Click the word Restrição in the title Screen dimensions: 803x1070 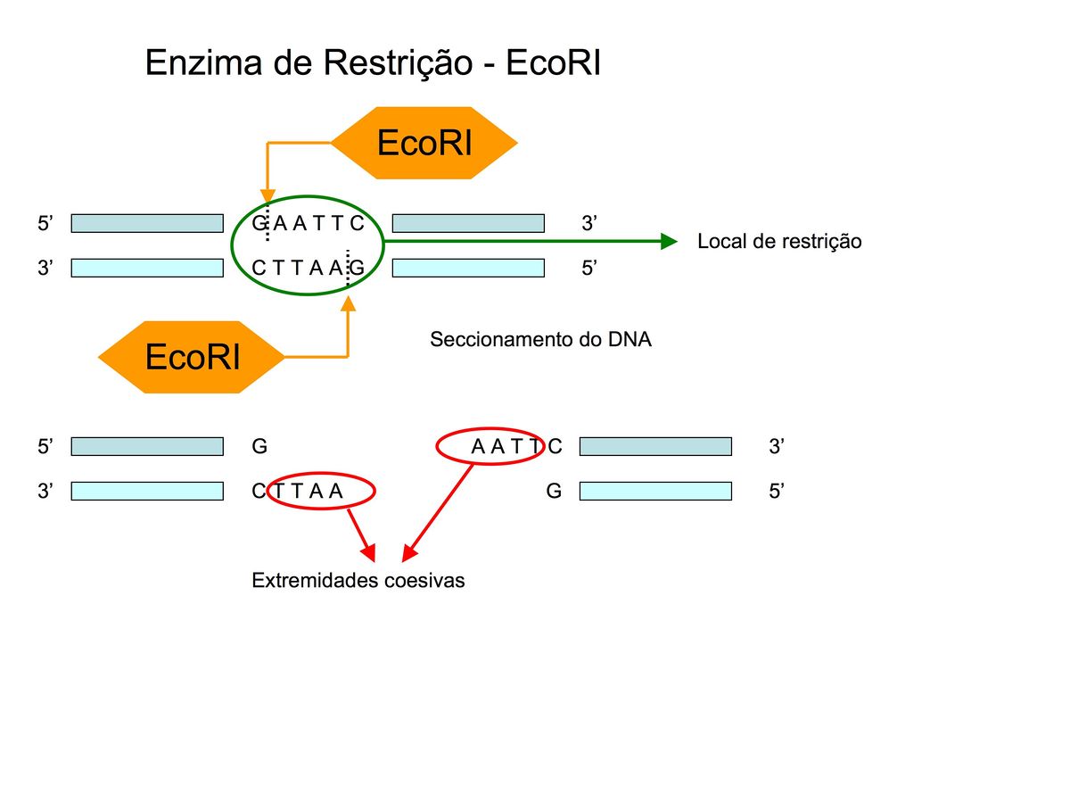tap(404, 63)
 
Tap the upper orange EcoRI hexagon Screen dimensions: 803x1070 tap(424, 143)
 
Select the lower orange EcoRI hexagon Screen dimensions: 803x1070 tap(192, 357)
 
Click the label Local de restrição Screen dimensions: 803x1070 tap(779, 242)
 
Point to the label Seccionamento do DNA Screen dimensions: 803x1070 tap(540, 340)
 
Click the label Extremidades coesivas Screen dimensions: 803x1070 tap(358, 581)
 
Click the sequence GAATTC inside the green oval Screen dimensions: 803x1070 tap(308, 224)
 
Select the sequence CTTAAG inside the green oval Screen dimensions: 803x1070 tap(308, 267)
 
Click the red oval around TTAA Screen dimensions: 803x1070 tap(321, 491)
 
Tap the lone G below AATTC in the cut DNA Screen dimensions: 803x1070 tap(554, 491)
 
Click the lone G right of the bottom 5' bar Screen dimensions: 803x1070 tap(259, 446)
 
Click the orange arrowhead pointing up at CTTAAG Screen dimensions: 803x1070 tap(348, 304)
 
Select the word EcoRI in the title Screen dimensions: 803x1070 tap(553, 63)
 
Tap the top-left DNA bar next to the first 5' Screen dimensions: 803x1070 tap(147, 223)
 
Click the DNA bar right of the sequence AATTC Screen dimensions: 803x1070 tap(655, 446)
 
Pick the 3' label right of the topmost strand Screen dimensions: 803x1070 tap(588, 224)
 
